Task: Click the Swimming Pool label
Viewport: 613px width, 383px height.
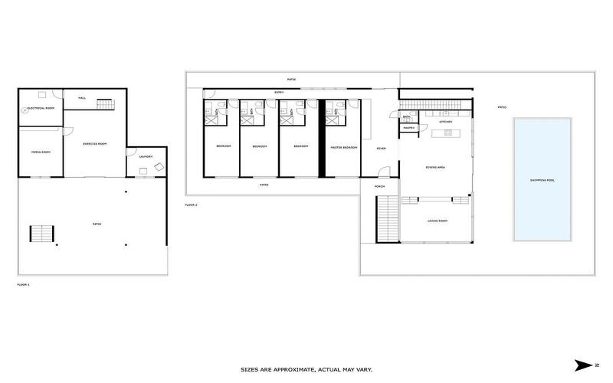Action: (x=542, y=181)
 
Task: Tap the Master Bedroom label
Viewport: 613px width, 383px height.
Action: (x=344, y=146)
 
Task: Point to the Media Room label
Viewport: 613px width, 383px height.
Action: (x=40, y=152)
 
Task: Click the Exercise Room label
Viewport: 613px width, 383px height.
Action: (x=94, y=143)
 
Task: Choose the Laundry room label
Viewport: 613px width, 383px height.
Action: (x=146, y=157)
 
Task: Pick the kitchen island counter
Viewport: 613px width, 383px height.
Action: (x=446, y=135)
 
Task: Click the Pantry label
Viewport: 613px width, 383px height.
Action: (x=408, y=128)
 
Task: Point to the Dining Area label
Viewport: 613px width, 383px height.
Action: (x=436, y=166)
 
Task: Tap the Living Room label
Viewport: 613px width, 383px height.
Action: (x=436, y=221)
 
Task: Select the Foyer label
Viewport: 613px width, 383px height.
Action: (x=381, y=149)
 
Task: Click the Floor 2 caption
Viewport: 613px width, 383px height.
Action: (x=192, y=205)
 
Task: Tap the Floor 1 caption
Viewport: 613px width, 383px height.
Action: (x=23, y=284)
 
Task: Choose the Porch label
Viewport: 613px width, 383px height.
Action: (x=379, y=186)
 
